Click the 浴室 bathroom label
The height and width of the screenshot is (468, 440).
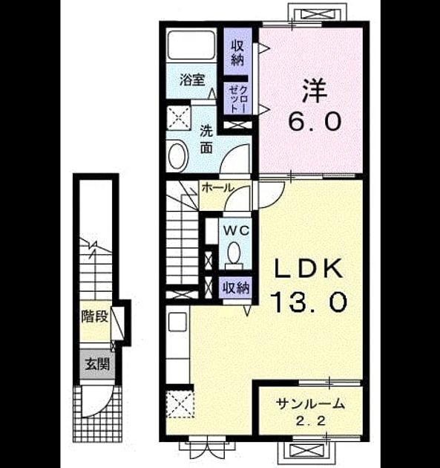192,80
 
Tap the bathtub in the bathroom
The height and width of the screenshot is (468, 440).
191,45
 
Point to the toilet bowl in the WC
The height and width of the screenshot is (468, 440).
234,253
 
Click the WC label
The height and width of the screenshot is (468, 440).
237,231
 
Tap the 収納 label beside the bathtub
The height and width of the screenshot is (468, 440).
237,53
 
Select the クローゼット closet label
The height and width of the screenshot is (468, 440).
238,99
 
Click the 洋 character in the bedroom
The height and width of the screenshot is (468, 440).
315,90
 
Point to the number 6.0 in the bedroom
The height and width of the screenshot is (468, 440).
315,121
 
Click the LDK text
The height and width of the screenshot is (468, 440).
308,269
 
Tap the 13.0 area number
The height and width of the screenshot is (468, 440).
309,302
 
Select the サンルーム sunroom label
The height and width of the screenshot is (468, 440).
310,403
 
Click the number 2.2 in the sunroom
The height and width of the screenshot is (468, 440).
310,421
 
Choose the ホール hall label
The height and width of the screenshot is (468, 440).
217,188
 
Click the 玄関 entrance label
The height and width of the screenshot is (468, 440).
97,364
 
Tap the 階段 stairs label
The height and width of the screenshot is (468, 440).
95,316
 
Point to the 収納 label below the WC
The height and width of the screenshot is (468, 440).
236,287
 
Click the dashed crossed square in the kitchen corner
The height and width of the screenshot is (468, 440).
180,403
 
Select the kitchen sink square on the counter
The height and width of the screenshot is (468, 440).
177,322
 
